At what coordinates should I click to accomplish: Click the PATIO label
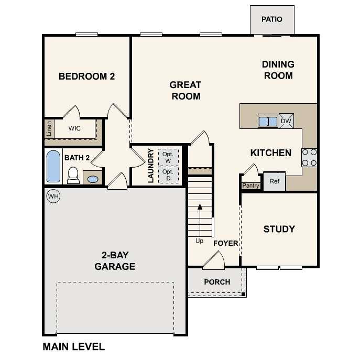[x=271, y=19]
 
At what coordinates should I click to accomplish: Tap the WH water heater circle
[x=53, y=196]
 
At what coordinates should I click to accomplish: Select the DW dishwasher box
[x=286, y=121]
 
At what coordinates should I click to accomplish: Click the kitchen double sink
[x=268, y=121]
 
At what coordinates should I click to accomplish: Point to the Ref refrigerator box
[x=274, y=181]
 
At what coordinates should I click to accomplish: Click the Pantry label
[x=250, y=186]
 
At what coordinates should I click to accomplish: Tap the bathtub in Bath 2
[x=53, y=167]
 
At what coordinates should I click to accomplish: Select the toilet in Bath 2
[x=73, y=175]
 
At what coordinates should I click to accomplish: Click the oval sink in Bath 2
[x=93, y=179]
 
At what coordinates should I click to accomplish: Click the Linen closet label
[x=49, y=129]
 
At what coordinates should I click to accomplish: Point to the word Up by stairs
[x=199, y=241]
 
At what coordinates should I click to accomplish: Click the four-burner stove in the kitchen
[x=309, y=157]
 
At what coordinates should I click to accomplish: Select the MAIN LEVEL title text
[x=73, y=346]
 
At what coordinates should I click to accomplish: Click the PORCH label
[x=217, y=282]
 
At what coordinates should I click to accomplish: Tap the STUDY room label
[x=279, y=229]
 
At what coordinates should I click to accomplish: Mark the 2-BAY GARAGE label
[x=115, y=261]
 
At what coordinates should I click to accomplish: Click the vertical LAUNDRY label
[x=150, y=166]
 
